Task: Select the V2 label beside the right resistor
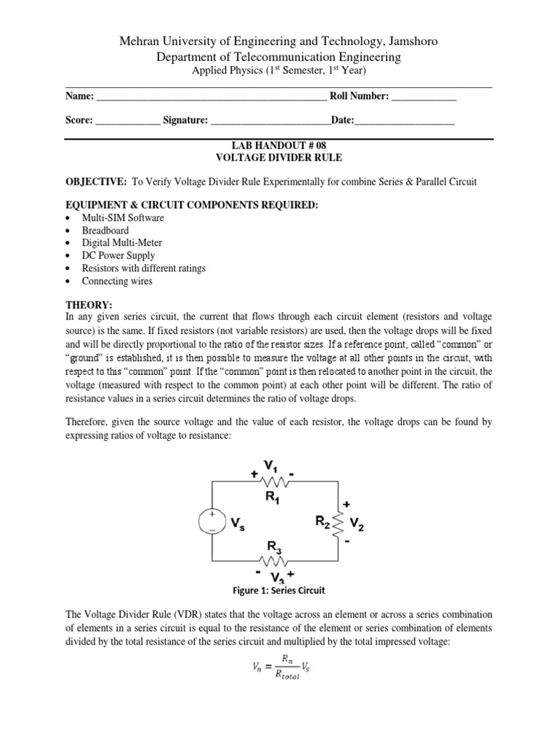tap(357, 522)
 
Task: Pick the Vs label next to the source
tap(238, 522)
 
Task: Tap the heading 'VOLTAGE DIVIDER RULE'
tap(279, 157)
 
